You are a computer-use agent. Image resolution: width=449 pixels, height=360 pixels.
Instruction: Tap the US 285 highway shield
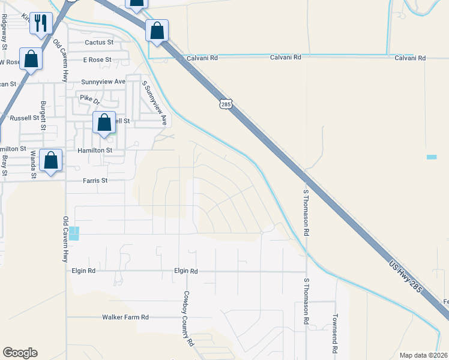click(x=225, y=105)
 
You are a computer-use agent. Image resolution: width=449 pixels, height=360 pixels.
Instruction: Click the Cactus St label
click(x=99, y=43)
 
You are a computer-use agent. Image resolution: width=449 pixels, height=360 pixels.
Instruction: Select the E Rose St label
click(x=97, y=60)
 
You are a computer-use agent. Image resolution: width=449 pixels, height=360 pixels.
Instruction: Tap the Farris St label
click(x=95, y=180)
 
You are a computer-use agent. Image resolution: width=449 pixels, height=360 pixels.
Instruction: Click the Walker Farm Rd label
click(x=125, y=317)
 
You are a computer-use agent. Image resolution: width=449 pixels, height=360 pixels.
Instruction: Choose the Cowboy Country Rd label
click(x=188, y=319)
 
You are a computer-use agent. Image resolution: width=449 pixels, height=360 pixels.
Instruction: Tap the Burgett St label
click(x=43, y=116)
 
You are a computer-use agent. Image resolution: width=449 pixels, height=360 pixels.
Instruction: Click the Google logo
click(x=20, y=353)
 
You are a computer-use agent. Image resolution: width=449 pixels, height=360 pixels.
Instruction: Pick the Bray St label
click(x=4, y=166)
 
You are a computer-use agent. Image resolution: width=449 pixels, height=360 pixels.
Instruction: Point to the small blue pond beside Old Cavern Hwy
click(x=74, y=233)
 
